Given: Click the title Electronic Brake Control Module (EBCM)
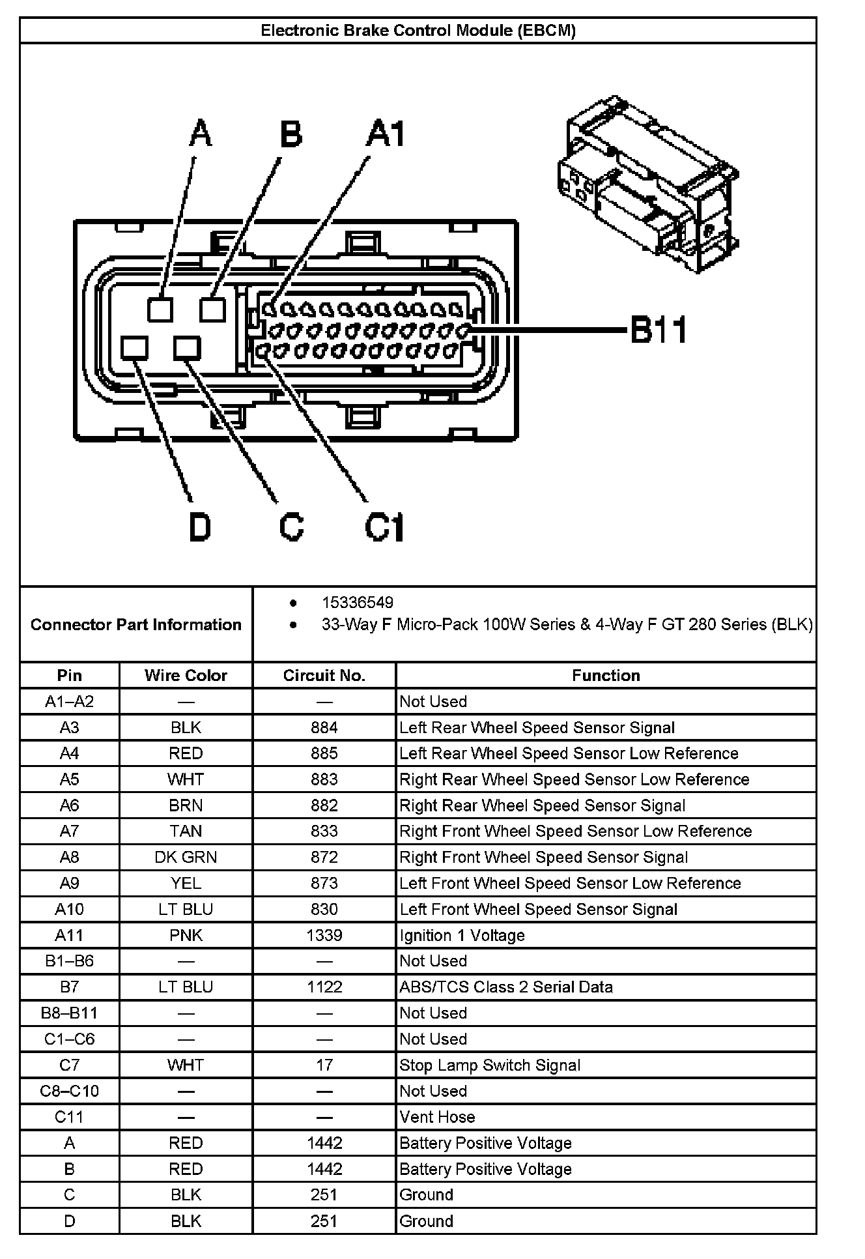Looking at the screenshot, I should pyautogui.click(x=418, y=31).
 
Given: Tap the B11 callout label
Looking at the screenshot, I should pyautogui.click(x=659, y=330).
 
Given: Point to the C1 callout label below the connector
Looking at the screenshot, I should pyautogui.click(x=384, y=527).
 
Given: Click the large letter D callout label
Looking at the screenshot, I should pyautogui.click(x=200, y=527).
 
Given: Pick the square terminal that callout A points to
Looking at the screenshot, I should pyautogui.click(x=160, y=309).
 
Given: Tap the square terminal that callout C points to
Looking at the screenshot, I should pyautogui.click(x=187, y=348).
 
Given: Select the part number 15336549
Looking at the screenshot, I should pyautogui.click(x=357, y=603).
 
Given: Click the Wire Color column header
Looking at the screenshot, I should pyautogui.click(x=186, y=675).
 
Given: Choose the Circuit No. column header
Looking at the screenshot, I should pyautogui.click(x=324, y=675).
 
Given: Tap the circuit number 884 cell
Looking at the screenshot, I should pyautogui.click(x=324, y=727).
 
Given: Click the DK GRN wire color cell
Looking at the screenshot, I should pyautogui.click(x=186, y=857).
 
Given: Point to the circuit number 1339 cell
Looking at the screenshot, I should pyautogui.click(x=324, y=935).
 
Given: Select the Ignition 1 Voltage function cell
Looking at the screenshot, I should pyautogui.click(x=462, y=935).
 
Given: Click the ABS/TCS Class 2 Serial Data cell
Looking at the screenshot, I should pyautogui.click(x=506, y=987).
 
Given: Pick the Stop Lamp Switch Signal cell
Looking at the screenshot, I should pyautogui.click(x=489, y=1065).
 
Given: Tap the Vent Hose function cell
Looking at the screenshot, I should pyautogui.click(x=437, y=1117).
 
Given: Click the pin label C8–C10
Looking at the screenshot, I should pyautogui.click(x=69, y=1091).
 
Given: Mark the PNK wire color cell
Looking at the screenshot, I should pyautogui.click(x=186, y=935).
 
